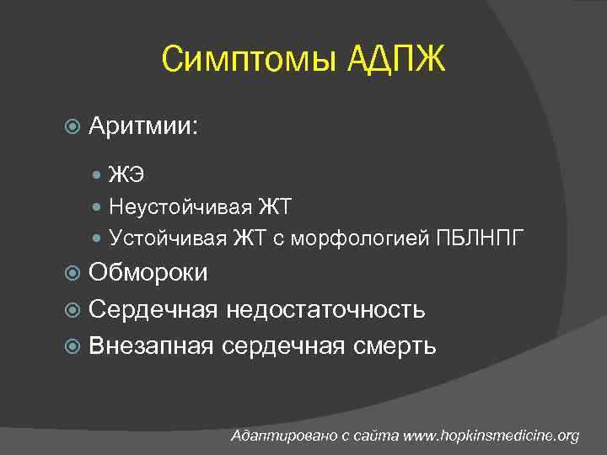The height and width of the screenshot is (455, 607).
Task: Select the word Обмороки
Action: (x=148, y=273)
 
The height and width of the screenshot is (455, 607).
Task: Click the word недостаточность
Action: (x=325, y=309)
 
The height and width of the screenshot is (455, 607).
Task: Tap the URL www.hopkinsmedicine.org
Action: (x=492, y=436)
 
